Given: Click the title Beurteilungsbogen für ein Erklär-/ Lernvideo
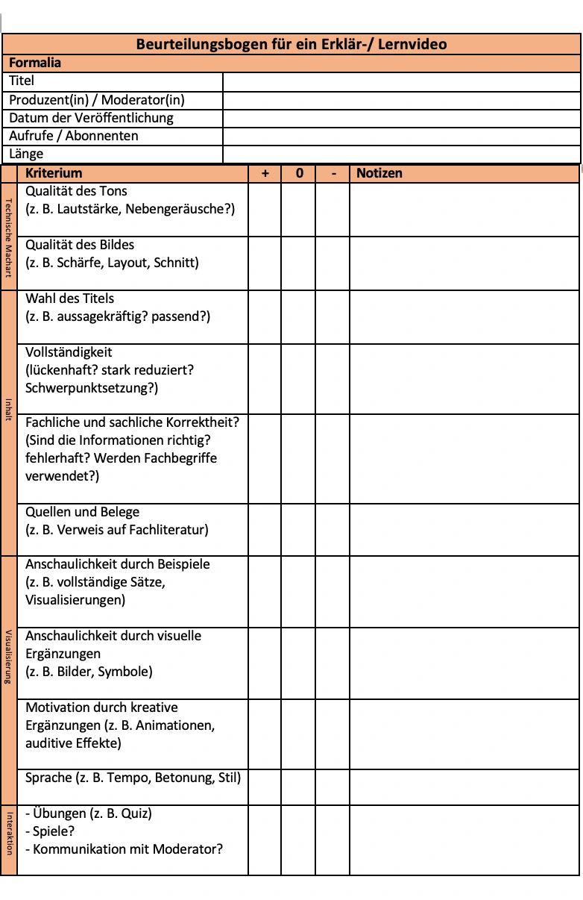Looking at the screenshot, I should tap(291, 44).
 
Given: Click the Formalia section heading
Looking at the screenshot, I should tap(35, 63).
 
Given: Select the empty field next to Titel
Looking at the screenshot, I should tap(401, 81).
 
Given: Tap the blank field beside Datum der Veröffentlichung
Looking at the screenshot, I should tap(401, 118).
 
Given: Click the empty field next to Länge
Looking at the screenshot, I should tap(401, 154).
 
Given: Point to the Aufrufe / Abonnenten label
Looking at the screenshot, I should tap(74, 136).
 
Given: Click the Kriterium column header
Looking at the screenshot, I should tap(54, 173).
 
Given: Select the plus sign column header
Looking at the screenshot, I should tap(265, 173).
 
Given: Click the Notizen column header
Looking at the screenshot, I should tap(379, 173).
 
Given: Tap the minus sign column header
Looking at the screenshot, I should tap(333, 173).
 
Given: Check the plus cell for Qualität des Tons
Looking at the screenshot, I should tap(265, 210).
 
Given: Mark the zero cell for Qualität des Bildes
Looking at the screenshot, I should tap(298, 263).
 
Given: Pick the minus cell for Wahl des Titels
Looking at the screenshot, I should tap(333, 317).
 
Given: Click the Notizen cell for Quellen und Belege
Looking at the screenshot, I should tap(464, 530).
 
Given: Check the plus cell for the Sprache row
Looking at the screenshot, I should tap(265, 787).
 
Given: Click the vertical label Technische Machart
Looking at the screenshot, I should tap(9, 237).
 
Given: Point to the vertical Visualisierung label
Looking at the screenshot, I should tap(9, 657).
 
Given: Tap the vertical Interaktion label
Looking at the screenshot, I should tap(9, 832).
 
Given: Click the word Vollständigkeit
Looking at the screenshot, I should tap(69, 352).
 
